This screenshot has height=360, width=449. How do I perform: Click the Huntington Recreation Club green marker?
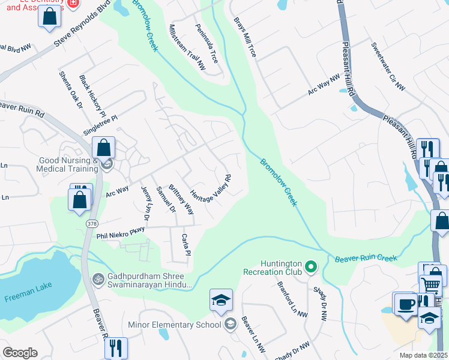[310, 266]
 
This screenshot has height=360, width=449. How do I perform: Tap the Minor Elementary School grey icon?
[230, 325]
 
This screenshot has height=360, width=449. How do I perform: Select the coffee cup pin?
[406, 304]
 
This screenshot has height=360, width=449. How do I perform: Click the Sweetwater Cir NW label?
[388, 67]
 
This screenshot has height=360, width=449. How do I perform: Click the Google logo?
[20, 353]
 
